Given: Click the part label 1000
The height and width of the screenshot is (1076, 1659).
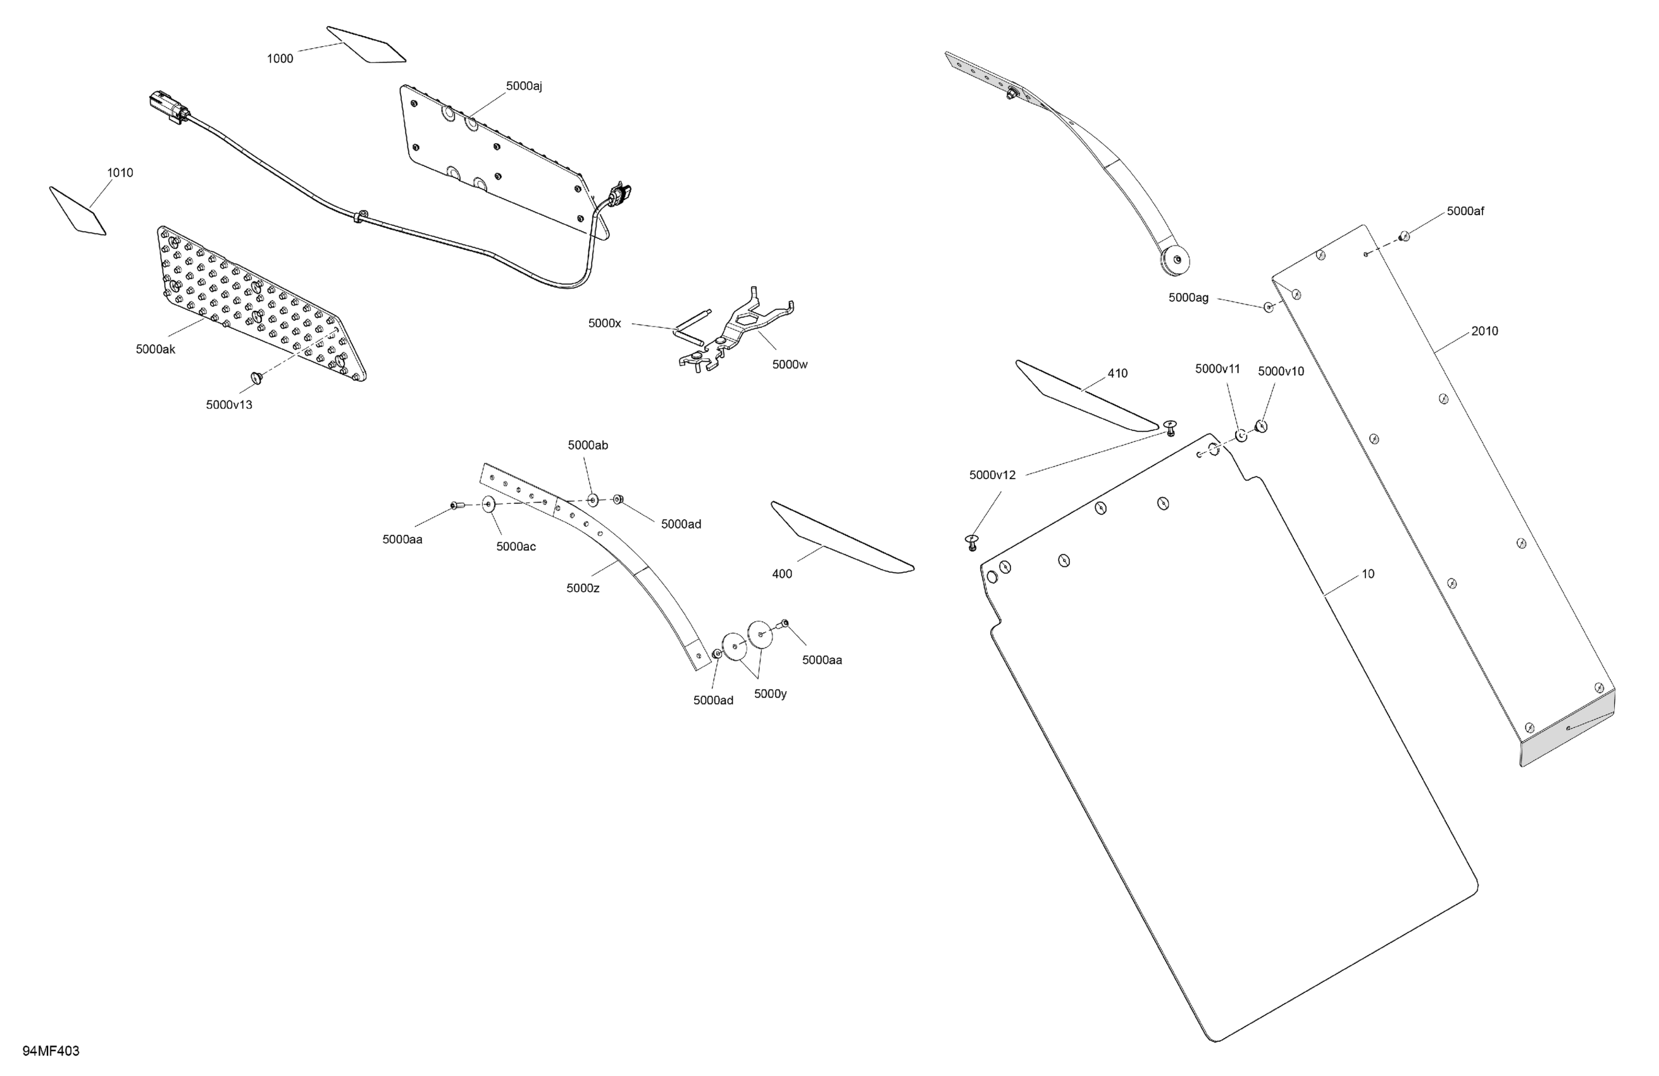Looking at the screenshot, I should [x=280, y=59].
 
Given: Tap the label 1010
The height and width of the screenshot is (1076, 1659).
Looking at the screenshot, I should [x=120, y=173].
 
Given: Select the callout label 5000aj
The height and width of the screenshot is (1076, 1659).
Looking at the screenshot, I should [x=523, y=87].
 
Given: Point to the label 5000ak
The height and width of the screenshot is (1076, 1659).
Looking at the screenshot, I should [x=156, y=349].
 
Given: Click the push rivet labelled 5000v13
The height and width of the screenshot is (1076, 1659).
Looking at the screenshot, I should [x=256, y=378].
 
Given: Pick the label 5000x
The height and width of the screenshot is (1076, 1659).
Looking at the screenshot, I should [x=604, y=323].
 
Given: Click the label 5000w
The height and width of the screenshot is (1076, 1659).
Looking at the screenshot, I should [x=790, y=365].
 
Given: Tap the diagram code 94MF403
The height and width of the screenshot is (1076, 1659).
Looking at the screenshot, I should [x=51, y=1051].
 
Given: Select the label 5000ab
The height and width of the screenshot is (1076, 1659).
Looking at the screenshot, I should [x=588, y=446].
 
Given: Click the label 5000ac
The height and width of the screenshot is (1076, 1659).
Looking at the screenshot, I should [x=516, y=547].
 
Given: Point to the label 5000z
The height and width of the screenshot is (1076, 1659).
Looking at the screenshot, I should [x=583, y=589].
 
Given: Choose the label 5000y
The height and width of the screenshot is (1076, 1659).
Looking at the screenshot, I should [x=770, y=694].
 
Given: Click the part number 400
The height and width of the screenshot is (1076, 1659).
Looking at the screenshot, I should [x=782, y=574].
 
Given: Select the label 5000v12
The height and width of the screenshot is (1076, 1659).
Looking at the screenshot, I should [x=992, y=475].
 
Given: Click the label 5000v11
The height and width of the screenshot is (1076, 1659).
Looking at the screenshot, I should [x=1217, y=370].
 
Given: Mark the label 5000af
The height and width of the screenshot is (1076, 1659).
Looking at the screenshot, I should [x=1465, y=211].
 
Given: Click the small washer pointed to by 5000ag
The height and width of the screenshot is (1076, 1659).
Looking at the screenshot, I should [x=1269, y=307].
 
